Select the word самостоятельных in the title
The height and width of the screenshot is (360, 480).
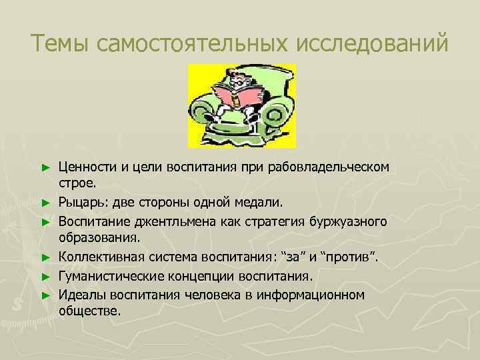(184, 44)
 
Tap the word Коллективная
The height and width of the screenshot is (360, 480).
(99, 256)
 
